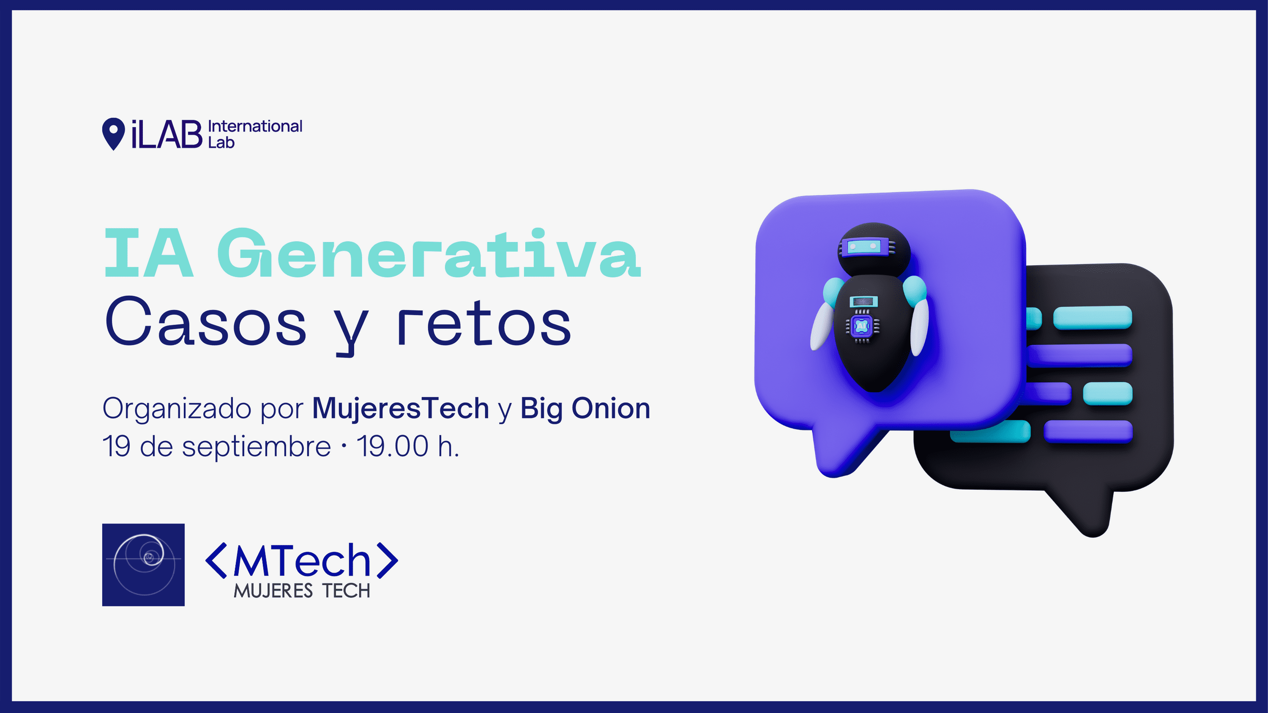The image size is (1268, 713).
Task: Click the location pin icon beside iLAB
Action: (113, 134)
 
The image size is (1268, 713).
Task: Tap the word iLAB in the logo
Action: (167, 134)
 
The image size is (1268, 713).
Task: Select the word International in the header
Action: (255, 126)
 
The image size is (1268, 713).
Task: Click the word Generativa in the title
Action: (429, 254)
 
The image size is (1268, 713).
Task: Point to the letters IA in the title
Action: (149, 254)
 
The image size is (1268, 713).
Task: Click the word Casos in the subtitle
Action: (206, 321)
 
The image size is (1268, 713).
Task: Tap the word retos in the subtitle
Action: (484, 322)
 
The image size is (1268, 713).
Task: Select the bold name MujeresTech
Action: (401, 408)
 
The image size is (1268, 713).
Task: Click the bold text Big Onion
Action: (585, 409)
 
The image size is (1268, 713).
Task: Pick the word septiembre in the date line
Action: (257, 447)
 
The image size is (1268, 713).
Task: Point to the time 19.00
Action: (392, 446)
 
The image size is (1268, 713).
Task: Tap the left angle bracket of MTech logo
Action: (216, 560)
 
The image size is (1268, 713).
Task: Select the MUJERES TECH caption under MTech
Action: (302, 590)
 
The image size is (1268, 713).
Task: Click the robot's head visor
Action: (867, 246)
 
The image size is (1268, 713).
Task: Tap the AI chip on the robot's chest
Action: (862, 326)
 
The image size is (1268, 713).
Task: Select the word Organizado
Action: (177, 409)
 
